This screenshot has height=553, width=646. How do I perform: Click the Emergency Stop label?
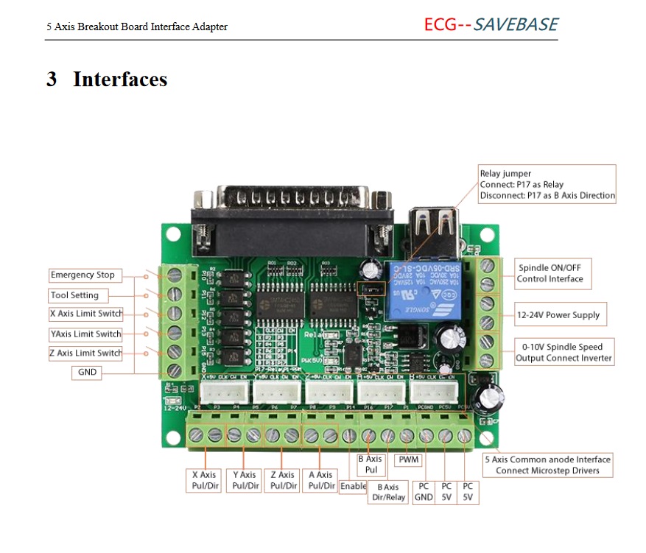(x=82, y=275)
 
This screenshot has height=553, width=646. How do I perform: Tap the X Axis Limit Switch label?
(x=85, y=314)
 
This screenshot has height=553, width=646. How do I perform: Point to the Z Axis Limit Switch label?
(x=85, y=353)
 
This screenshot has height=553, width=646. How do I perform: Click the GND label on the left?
(x=88, y=373)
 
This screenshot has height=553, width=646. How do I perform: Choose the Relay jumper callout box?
(x=547, y=184)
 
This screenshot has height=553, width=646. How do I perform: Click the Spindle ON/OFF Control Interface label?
(x=550, y=273)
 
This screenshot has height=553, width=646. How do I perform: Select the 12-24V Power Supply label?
(x=558, y=315)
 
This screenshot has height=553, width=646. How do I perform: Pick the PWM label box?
(x=408, y=460)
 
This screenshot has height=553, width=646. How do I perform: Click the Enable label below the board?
(x=353, y=486)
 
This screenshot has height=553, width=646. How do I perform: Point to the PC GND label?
(x=424, y=492)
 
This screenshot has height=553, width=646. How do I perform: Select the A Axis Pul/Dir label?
(x=320, y=481)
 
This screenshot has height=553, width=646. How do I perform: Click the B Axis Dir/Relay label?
(x=388, y=492)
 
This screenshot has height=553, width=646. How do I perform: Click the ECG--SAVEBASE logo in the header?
(x=491, y=24)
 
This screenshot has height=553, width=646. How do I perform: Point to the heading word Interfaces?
(x=120, y=80)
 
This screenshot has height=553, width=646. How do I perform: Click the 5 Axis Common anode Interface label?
(x=547, y=465)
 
